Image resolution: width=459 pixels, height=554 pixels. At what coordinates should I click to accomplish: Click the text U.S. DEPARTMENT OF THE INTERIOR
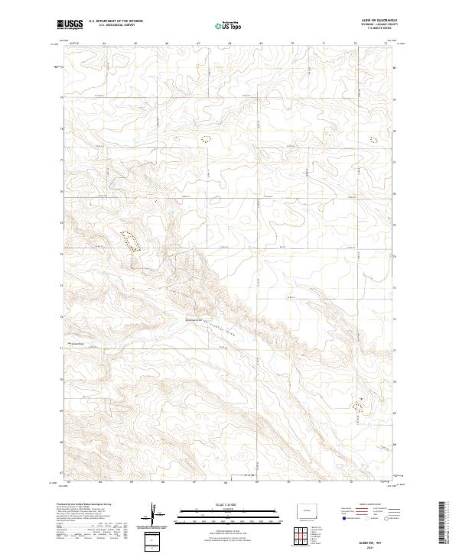[115, 21]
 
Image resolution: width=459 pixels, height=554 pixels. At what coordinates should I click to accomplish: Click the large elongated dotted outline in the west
[129, 240]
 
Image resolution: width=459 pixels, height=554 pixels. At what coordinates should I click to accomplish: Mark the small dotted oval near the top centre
[205, 139]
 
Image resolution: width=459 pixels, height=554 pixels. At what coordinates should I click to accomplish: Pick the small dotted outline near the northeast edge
[374, 140]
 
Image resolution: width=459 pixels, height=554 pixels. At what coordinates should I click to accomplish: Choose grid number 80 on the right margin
[394, 67]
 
